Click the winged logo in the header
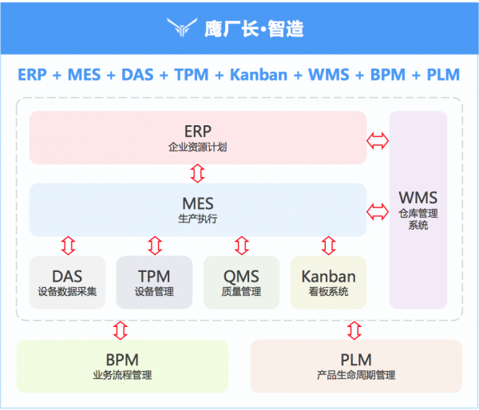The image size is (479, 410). (184, 29)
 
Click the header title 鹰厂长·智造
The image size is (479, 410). (254, 29)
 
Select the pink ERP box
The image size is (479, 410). (197, 137)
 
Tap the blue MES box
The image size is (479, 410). (197, 209)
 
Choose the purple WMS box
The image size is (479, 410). (418, 209)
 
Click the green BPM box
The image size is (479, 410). (122, 365)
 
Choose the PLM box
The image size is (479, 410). (356, 365)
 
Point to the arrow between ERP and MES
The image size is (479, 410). (197, 173)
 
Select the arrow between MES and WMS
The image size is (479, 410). (378, 211)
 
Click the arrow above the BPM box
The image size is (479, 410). (120, 329)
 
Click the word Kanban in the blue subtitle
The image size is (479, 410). (258, 75)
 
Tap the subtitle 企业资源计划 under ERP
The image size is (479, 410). (197, 148)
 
